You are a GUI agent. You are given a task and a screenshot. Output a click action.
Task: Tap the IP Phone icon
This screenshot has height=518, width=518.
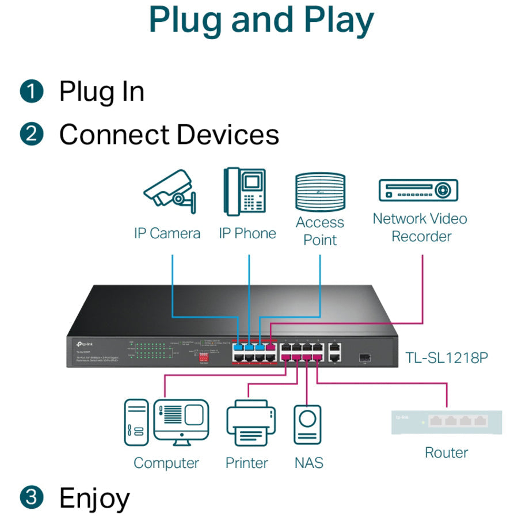[246, 192]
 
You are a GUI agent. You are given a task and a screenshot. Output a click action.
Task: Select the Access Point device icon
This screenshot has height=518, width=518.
[319, 192]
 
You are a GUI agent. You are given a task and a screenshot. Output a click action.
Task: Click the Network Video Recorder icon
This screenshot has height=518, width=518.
[418, 191]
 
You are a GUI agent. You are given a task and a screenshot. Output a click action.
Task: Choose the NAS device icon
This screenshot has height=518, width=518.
[307, 425]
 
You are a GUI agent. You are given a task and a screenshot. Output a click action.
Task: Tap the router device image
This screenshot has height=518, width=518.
[446, 422]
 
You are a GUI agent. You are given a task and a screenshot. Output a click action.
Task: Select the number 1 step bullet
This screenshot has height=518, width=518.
[31, 92]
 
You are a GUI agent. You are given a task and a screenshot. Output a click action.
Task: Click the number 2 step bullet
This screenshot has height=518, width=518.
[31, 134]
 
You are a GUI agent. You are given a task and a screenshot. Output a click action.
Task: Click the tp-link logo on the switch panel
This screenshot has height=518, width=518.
[82, 344]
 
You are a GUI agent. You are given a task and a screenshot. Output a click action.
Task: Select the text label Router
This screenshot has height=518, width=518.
[446, 452]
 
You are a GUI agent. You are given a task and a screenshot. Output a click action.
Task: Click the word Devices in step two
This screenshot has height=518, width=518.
[228, 134]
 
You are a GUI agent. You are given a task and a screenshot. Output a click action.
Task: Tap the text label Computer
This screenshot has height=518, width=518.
[166, 463]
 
